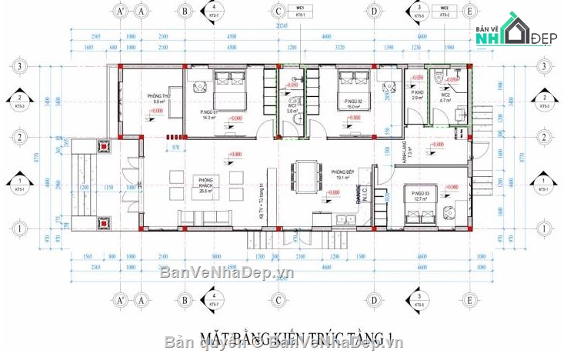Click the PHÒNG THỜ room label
coord(161,98)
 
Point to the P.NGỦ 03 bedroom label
coord(419,195)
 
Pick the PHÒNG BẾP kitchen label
coord(342,174)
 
